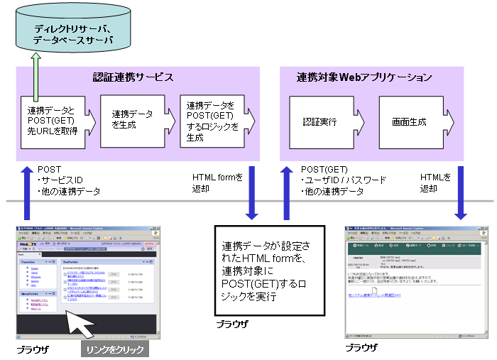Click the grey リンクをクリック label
[114, 349]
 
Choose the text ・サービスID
[61, 181]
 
